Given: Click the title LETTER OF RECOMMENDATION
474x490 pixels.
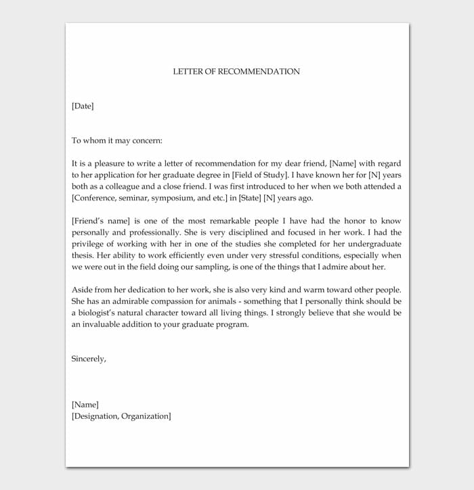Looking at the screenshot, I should [x=236, y=71].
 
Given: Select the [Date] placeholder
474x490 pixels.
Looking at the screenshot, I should [x=83, y=106].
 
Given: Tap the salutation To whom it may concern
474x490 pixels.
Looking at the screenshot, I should [x=116, y=141].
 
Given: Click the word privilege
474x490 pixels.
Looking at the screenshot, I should [x=89, y=244].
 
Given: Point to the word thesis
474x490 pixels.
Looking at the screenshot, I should [x=83, y=256].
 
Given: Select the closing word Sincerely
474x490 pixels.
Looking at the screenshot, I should [x=89, y=359].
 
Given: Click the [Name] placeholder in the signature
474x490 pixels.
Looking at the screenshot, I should [x=85, y=405].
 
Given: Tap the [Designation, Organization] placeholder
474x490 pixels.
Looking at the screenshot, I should [x=121, y=416].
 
